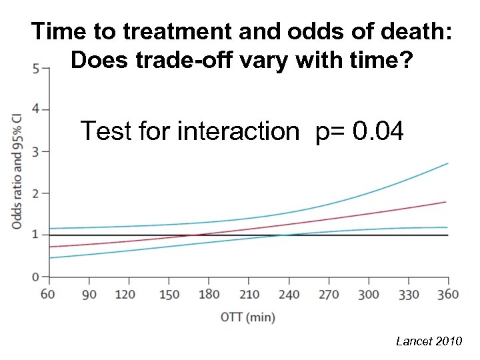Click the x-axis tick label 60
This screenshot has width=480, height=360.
tap(49, 295)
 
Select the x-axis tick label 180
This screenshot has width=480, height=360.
tap(209, 295)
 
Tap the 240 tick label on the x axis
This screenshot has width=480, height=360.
tap(288, 295)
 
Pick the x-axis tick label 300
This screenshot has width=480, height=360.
tap(368, 295)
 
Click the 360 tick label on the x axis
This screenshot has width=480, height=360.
tap(448, 295)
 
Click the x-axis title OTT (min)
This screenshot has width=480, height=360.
tap(248, 317)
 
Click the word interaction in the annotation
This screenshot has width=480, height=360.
tap(238, 131)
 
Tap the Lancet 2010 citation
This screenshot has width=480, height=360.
tap(429, 341)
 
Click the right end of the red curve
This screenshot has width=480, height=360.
tap(445, 202)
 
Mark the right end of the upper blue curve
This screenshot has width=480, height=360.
tap(448, 163)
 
